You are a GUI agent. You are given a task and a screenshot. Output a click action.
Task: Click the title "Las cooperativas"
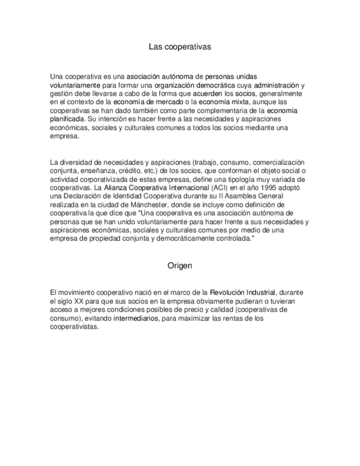[180, 47]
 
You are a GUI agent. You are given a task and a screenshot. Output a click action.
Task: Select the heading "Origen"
[180, 265]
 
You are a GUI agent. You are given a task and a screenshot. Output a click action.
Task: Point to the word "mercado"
[168, 102]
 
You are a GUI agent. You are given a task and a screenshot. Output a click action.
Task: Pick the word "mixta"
[240, 102]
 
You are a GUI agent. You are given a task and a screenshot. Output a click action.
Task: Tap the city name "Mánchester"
[154, 204]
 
